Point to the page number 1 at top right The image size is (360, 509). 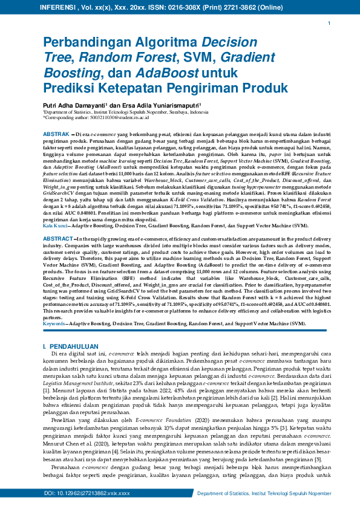329,23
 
